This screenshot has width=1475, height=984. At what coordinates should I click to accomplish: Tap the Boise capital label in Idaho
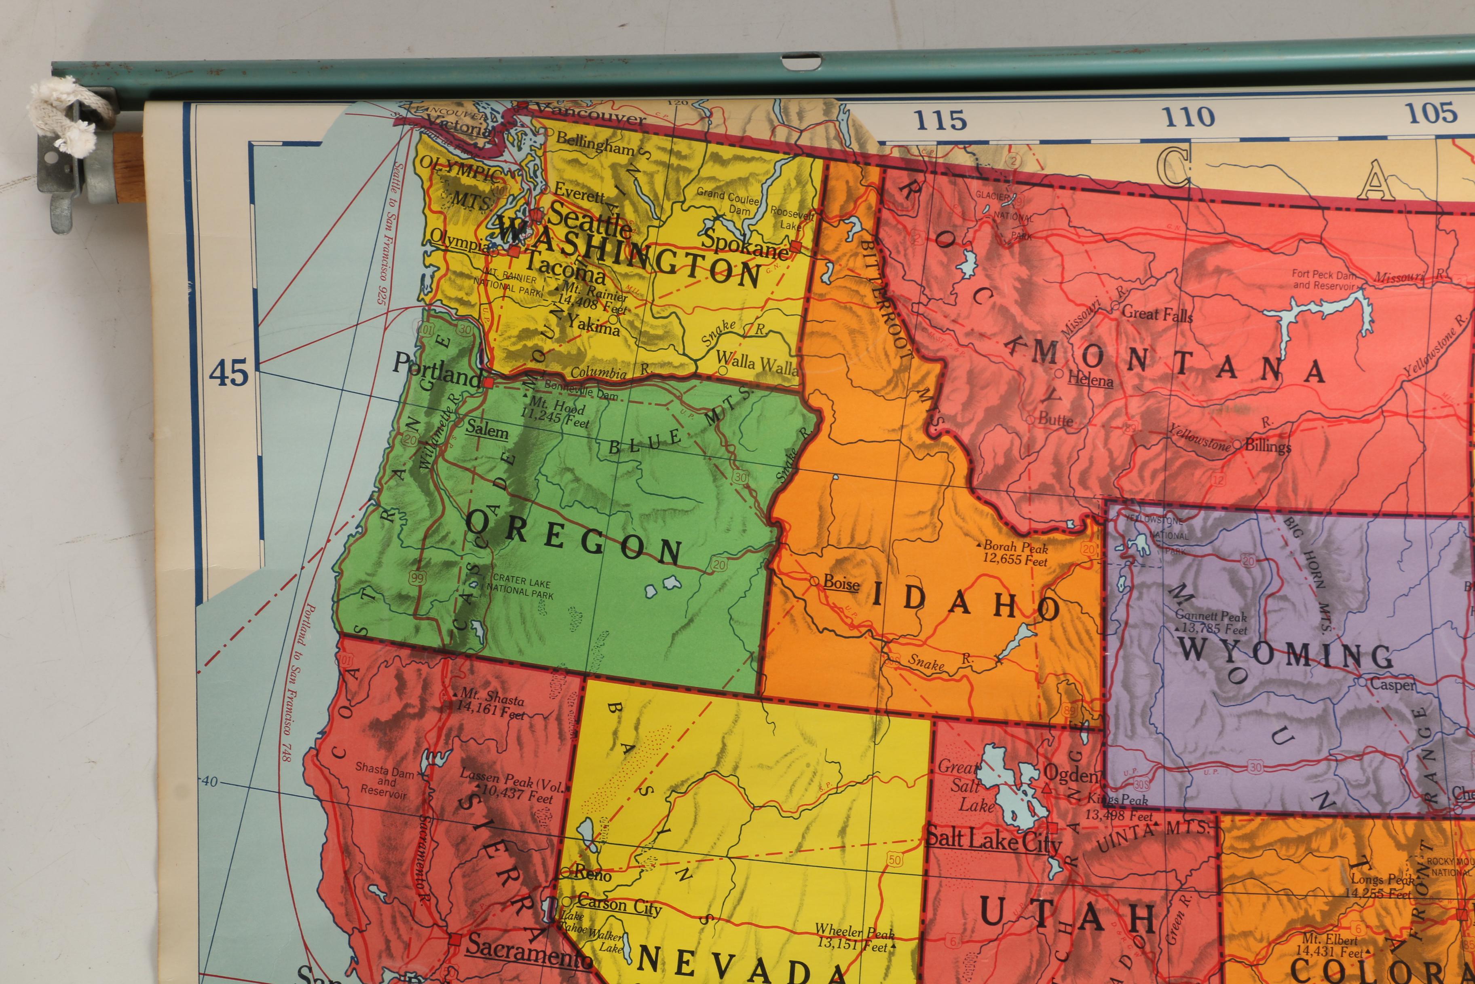point(841,583)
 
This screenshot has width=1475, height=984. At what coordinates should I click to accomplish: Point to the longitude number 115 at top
point(939,120)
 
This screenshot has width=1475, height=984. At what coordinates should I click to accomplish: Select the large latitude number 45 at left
point(228,373)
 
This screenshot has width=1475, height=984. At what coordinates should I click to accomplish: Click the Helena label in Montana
point(1090,379)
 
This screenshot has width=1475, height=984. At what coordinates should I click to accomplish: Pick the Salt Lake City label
point(993,840)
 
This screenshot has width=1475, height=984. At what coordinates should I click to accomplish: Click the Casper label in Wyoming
point(1392,684)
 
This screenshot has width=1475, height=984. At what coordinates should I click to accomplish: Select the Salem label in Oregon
point(487,431)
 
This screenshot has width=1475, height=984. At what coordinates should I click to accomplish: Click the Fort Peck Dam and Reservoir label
point(1323,280)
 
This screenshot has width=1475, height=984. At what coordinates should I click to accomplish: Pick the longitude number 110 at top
point(1188,117)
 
